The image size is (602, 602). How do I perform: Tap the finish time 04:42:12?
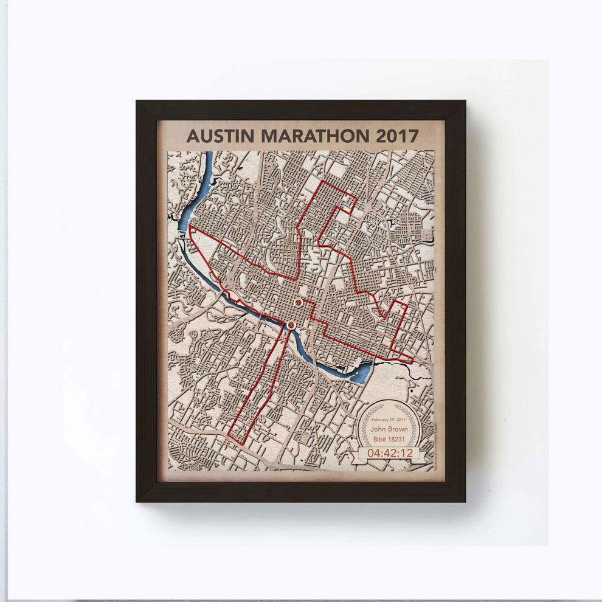point(390,454)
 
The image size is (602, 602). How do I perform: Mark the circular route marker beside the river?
point(291,325)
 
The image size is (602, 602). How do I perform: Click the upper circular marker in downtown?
point(298,302)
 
